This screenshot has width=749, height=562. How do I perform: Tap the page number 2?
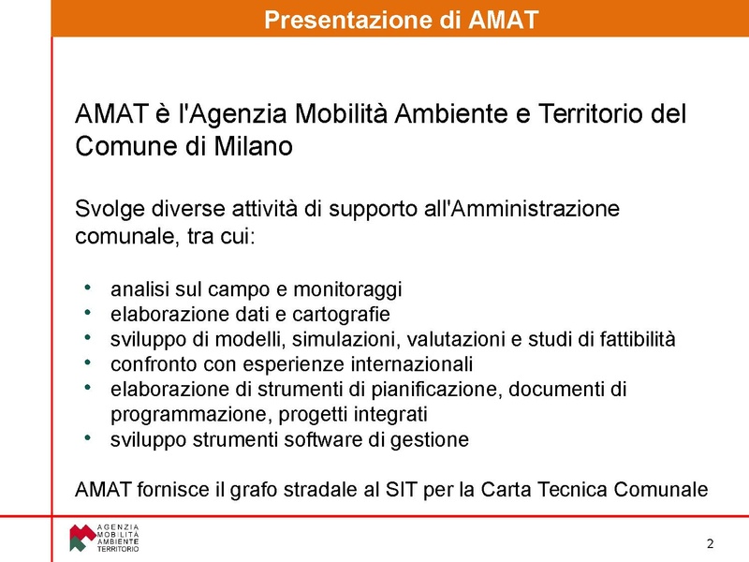pos(710,544)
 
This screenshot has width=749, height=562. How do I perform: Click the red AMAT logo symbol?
pos(81,538)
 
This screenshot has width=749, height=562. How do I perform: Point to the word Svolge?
pos(109,208)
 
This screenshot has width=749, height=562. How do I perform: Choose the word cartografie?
pos(338,314)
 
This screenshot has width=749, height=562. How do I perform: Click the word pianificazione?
pos(444,389)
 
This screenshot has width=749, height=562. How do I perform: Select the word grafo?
pos(248,489)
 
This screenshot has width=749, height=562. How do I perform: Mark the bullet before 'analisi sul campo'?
pos(87,288)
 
